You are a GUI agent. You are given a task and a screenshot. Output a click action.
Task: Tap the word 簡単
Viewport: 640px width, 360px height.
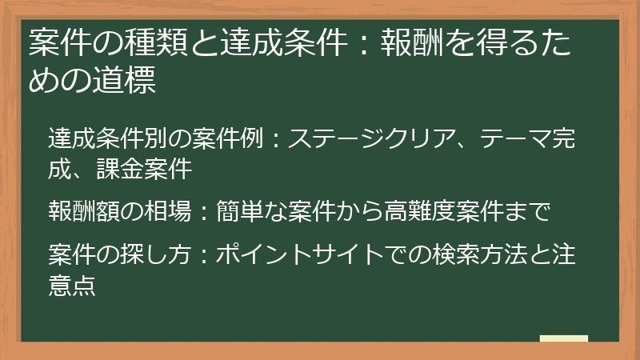tap(237, 211)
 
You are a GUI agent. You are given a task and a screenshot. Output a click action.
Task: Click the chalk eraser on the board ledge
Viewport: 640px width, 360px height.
tap(563, 338)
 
